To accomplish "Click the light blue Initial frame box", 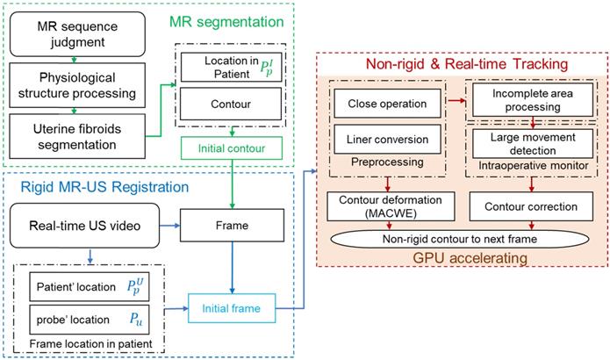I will click(232, 309).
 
